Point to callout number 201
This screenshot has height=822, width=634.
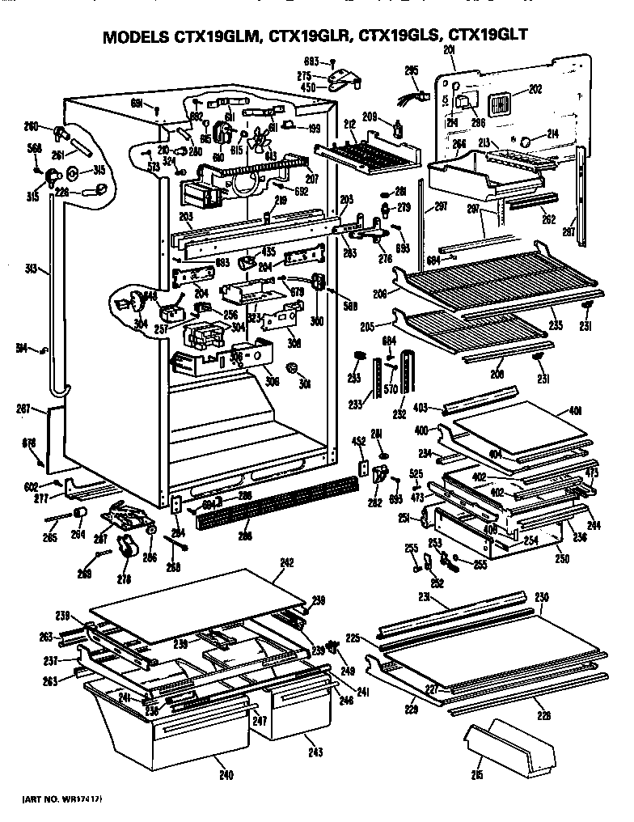450,51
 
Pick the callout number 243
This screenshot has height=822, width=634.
315,752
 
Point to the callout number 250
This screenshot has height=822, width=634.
562,558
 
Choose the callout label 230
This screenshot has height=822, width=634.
542,597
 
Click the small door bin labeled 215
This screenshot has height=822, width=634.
509,746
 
